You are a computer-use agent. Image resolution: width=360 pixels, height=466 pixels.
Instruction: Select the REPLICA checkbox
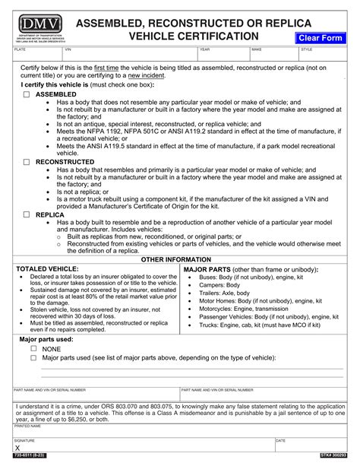(x=27, y=215)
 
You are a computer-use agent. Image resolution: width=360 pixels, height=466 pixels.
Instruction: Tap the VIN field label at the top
(x=68, y=49)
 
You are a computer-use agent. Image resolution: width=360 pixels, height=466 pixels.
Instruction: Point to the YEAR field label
(x=204, y=49)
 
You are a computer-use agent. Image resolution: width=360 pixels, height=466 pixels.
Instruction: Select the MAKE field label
(x=256, y=49)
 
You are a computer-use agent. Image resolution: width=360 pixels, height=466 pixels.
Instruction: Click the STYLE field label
(x=306, y=49)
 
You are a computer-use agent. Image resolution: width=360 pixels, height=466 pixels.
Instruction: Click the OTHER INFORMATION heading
(x=180, y=259)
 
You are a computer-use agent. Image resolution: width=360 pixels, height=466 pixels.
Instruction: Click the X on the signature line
(x=18, y=449)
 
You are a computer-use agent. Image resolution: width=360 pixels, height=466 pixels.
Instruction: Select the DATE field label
(x=280, y=440)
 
